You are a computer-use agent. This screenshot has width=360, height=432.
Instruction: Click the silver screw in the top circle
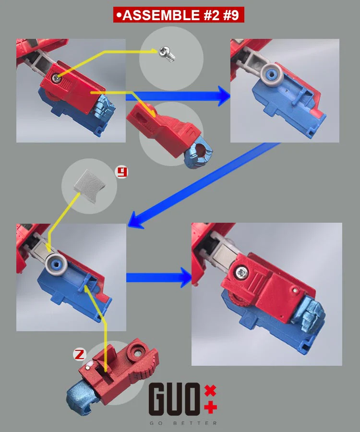coord(167,54)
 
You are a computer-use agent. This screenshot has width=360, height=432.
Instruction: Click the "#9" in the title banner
coord(231,15)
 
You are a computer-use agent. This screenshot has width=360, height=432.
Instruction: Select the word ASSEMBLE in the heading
coord(161,15)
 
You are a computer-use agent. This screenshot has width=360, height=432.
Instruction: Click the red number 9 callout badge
coord(121,172)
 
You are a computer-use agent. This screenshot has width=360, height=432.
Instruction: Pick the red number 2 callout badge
coord(80,354)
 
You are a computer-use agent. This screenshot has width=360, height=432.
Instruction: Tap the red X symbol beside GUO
coord(210,391)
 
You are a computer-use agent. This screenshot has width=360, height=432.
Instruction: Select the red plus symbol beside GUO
coord(210,407)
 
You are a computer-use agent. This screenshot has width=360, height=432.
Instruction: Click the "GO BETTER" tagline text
coord(183,423)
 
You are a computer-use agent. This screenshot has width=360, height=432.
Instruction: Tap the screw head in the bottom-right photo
coord(242,273)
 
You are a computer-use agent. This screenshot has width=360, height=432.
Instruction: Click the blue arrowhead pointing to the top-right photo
coord(224,96)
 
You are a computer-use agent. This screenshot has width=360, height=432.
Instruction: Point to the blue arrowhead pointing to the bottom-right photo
coord(186,277)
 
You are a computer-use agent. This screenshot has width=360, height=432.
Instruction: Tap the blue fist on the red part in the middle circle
coord(200,154)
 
